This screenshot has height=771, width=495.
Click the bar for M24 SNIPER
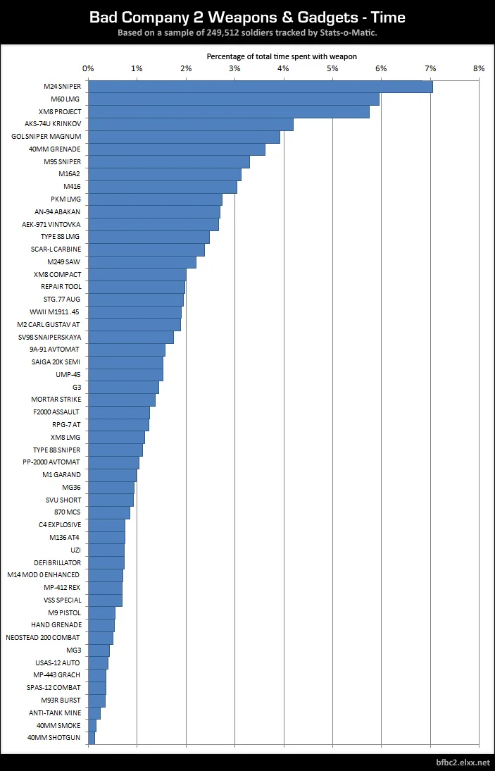coord(261,87)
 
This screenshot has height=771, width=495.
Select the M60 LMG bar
coord(234,99)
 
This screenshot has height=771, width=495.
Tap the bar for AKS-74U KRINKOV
coord(191,125)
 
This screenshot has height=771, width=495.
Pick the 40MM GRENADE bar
coord(177,149)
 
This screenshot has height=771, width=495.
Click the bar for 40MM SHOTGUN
coord(92,738)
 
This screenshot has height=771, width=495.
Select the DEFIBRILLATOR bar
coord(106,562)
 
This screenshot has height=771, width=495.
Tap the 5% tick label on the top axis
coord(332,68)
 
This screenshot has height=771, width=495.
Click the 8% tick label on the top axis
coord(479,68)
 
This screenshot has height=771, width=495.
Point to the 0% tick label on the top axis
coord(88,68)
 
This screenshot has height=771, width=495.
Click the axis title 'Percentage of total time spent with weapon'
coord(282,56)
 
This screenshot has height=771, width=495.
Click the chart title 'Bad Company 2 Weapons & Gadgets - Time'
coord(247,17)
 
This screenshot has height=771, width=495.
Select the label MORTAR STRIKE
coord(56,400)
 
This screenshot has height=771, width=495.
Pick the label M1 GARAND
coord(62,475)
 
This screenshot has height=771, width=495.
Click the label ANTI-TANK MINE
coord(55,713)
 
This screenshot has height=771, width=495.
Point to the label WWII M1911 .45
coord(56,312)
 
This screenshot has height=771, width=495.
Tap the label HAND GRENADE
coord(56,625)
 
